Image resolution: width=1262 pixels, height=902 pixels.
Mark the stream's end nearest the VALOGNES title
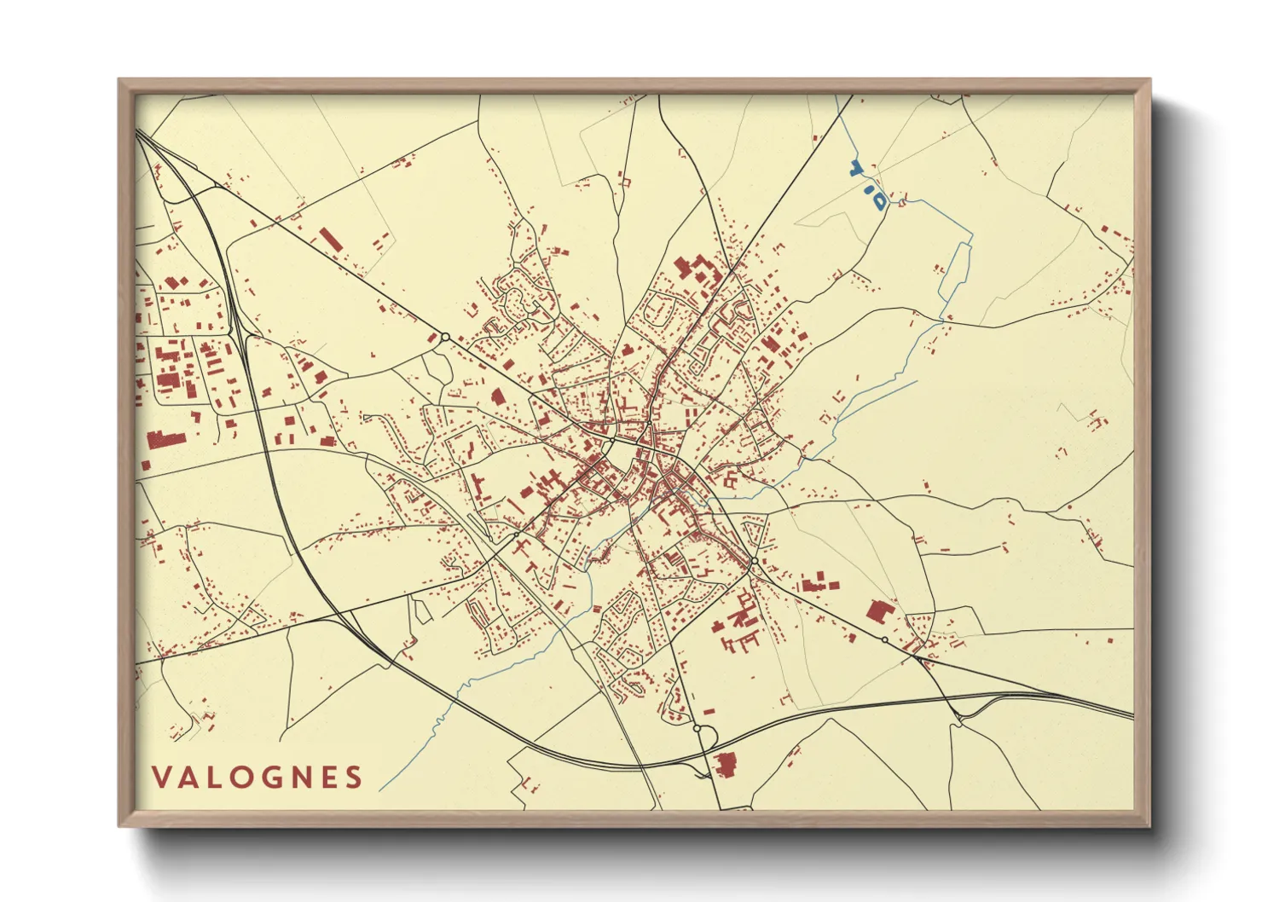pos(380,789)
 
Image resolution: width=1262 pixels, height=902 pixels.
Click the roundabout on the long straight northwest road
pos(444,338)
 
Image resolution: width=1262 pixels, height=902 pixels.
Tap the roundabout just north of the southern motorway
pos(698,729)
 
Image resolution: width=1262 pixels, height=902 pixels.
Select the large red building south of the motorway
pos(725,766)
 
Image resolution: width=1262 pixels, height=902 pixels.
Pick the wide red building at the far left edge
pos(166,440)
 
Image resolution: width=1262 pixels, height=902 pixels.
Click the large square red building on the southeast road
pos(879,611)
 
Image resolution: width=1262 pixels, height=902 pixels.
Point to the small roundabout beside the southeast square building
pos(884,639)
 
